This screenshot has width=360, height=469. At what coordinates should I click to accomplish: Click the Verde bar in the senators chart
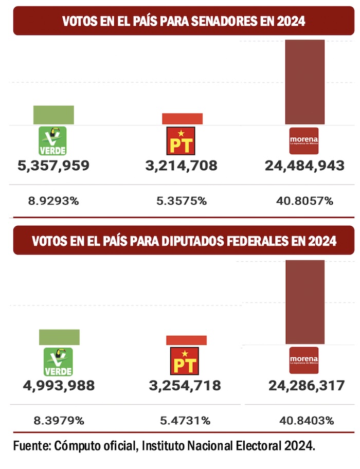coord(53,115)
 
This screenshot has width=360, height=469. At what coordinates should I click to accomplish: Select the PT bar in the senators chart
coord(182,119)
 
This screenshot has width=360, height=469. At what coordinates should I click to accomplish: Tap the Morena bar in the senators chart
coord(305,82)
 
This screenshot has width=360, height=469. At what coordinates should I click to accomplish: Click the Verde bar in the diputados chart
coord(59,337)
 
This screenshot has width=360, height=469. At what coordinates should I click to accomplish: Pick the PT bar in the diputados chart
coord(186,340)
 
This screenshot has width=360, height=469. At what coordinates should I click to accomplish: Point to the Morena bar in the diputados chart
coord(305,302)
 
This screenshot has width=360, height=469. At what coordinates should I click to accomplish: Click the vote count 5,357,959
coord(53,166)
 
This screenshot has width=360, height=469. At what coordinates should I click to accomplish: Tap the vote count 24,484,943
coord(304,166)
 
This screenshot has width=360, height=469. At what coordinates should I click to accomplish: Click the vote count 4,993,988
coord(59,385)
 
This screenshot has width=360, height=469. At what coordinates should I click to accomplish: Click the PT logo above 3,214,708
coord(181,140)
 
